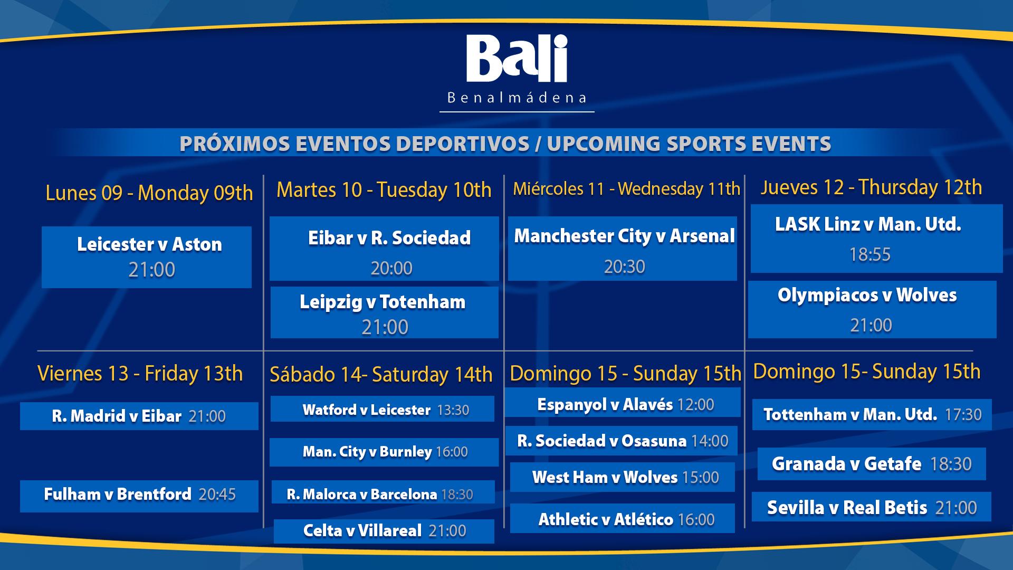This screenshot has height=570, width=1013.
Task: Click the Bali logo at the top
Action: click(517, 59)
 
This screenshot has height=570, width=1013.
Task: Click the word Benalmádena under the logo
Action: click(517, 98)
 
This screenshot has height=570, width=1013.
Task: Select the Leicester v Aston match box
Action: click(147, 257)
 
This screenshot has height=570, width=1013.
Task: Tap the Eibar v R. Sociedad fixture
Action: click(384, 248)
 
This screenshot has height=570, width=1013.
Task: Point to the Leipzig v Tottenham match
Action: click(385, 312)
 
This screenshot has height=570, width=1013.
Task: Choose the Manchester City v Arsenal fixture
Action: click(623, 248)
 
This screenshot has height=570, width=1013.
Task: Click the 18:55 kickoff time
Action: click(869, 254)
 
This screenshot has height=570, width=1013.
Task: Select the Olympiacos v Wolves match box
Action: click(872, 309)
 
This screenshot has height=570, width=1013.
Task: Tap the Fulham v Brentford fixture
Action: click(139, 496)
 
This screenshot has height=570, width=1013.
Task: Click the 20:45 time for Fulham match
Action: click(217, 495)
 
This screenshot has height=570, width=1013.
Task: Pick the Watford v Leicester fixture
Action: click(383, 409)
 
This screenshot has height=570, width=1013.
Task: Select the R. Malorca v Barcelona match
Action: click(383, 492)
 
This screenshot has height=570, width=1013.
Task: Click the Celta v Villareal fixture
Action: click(384, 531)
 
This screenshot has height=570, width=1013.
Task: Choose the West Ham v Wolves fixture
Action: click(623, 477)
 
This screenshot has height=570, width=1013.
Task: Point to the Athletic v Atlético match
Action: click(623, 518)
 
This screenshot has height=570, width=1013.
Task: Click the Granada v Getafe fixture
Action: click(872, 464)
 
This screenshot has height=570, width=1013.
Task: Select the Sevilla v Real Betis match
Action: click(872, 507)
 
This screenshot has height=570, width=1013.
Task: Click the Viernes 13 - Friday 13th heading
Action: click(140, 374)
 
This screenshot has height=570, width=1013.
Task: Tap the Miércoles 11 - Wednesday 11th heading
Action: click(626, 189)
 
